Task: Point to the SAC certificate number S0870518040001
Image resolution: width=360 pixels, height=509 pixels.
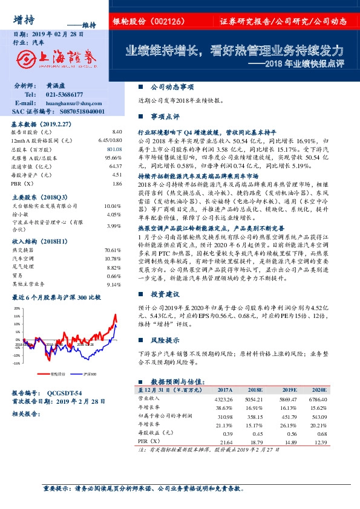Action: pyautogui.click(x=84, y=112)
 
